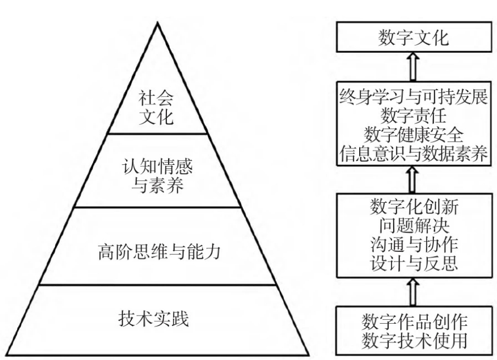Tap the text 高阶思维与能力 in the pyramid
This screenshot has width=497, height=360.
[x=158, y=253]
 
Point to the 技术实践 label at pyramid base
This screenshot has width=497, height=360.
[x=158, y=319]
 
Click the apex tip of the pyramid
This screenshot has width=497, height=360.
[x=158, y=23]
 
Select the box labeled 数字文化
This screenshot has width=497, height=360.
[x=414, y=38]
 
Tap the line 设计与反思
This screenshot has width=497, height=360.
[x=414, y=261]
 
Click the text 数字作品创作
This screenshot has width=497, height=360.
[x=414, y=320]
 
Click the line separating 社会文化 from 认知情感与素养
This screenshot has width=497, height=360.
[x=158, y=134]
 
